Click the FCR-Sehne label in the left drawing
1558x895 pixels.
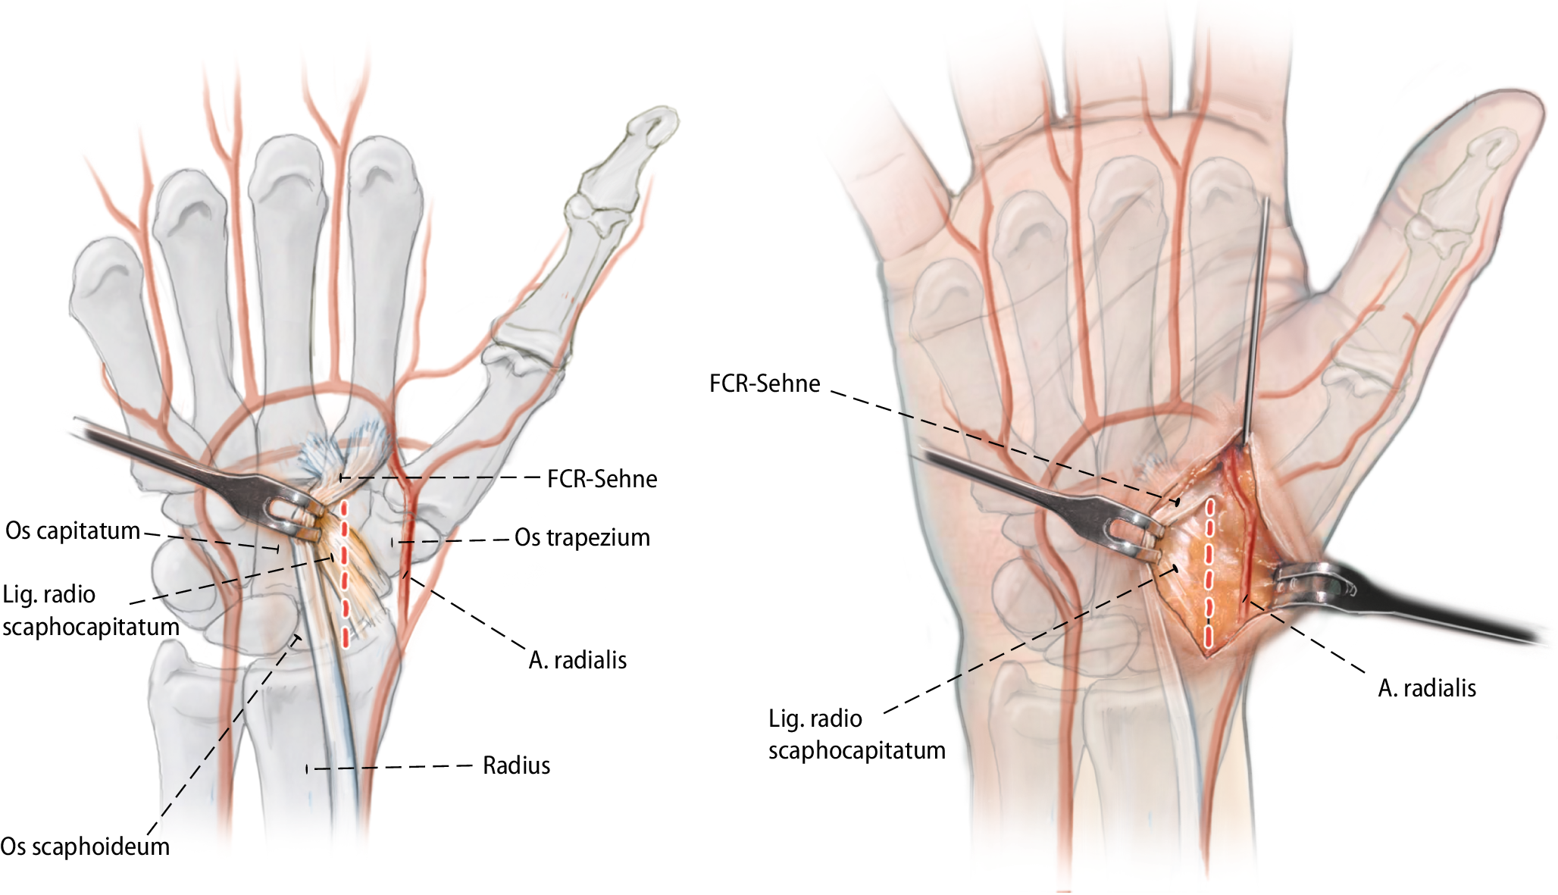click(x=602, y=479)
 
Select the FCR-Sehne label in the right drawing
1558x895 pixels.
click(x=764, y=383)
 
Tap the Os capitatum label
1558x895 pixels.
click(x=73, y=530)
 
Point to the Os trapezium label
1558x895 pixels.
click(x=582, y=537)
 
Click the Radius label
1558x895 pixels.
click(x=516, y=765)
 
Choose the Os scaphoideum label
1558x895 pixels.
click(x=85, y=846)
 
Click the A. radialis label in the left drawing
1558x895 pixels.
click(x=577, y=660)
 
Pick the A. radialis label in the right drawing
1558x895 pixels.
click(x=1426, y=688)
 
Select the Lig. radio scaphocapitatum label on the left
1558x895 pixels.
click(x=90, y=611)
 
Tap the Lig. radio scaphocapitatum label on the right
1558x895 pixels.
click(x=856, y=734)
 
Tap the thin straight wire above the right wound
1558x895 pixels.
click(x=1256, y=318)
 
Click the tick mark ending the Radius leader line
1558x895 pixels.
click(x=307, y=769)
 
